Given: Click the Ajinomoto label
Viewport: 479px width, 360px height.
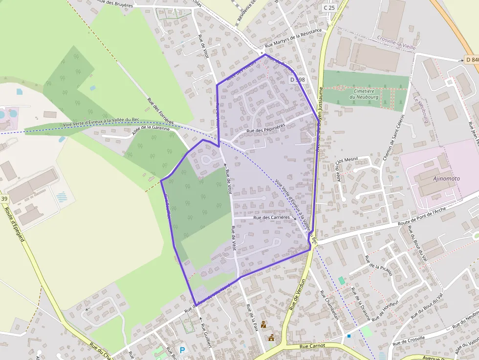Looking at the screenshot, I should click(446, 179).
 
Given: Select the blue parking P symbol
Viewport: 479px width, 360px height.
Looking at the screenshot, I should click(183, 350).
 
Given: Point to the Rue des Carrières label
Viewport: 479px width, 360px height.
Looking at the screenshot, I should click(271, 217).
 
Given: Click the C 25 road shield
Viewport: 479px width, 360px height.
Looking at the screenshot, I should click(329, 8).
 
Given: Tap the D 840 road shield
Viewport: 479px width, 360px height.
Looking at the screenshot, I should click(471, 60).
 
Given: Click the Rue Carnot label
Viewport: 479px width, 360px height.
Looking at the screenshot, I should click(311, 346).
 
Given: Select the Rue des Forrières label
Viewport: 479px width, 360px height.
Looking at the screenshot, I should click(160, 110).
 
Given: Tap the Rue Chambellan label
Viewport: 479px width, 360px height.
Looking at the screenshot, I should click(329, 305).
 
